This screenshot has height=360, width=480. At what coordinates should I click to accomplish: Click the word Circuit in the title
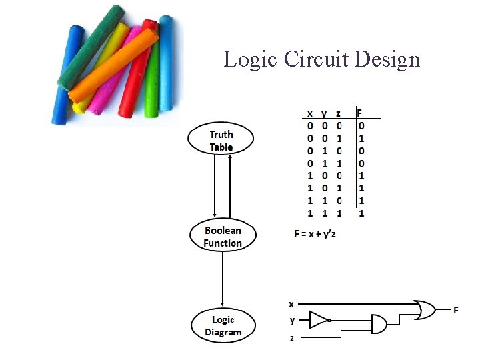[317, 59]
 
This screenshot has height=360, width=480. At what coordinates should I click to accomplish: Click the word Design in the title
[387, 59]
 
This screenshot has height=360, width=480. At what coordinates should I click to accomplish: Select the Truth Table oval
[221, 141]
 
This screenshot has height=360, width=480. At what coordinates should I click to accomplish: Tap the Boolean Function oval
[223, 237]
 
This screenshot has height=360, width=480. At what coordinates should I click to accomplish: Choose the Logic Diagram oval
[223, 325]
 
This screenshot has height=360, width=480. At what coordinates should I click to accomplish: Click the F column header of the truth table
[360, 113]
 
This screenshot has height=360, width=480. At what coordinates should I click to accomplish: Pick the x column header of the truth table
[310, 113]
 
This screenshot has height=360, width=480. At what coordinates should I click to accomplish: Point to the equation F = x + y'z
[323, 234]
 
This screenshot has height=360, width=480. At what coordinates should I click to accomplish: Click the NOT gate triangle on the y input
[319, 320]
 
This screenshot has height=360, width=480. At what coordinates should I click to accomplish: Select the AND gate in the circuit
[377, 325]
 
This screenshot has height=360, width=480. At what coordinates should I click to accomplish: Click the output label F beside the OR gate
[456, 310]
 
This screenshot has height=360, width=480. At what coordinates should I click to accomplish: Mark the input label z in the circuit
[291, 338]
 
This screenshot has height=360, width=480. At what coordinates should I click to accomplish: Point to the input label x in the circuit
[291, 304]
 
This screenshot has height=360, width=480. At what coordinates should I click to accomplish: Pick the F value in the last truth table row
[361, 213]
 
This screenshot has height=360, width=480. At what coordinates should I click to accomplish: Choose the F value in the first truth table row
[361, 125]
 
